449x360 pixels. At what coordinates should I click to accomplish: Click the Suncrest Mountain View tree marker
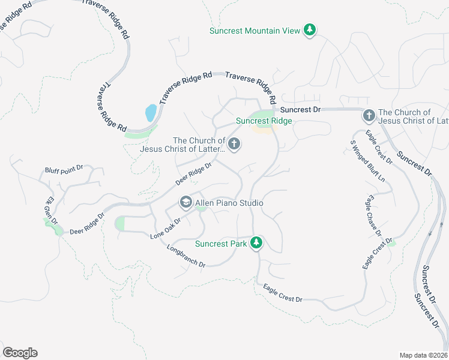click(310, 30)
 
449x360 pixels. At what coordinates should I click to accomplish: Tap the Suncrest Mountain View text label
click(255, 31)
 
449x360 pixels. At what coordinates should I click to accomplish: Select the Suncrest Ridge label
click(264, 121)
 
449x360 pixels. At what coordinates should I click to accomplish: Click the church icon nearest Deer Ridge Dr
click(234, 144)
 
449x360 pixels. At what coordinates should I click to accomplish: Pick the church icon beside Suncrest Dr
click(369, 115)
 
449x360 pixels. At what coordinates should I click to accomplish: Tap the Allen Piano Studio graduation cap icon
click(185, 203)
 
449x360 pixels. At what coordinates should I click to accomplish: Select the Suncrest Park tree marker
click(256, 242)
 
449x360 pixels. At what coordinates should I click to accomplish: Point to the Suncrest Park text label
click(221, 244)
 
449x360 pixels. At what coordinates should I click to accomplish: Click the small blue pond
click(151, 112)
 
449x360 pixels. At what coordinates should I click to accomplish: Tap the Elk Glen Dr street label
click(52, 211)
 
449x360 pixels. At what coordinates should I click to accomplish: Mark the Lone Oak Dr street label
click(165, 228)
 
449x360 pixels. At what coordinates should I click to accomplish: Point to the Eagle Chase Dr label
click(374, 215)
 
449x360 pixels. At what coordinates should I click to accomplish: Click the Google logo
click(20, 352)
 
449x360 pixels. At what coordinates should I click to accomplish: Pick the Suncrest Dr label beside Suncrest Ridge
click(301, 110)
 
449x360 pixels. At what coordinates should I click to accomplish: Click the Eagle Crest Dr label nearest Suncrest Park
click(282, 293)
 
